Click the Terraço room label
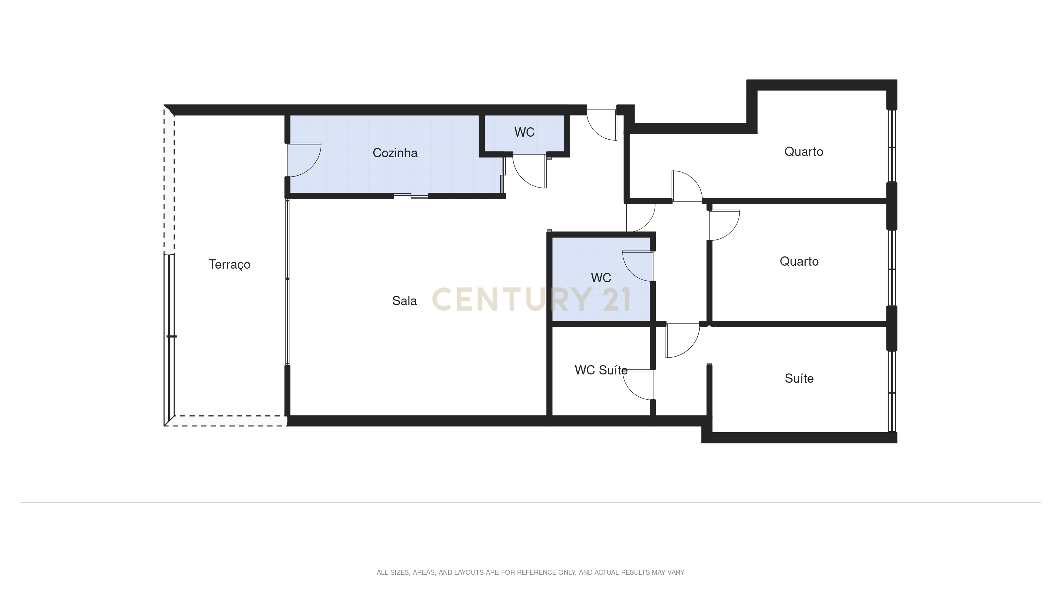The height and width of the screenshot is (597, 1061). [x=229, y=265]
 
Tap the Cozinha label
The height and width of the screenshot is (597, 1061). [x=395, y=153]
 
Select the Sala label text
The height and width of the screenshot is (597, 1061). [x=404, y=301]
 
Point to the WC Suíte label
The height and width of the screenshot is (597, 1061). [x=601, y=370]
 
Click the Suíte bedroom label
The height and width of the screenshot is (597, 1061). [x=799, y=378]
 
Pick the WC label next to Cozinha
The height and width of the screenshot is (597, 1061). [x=524, y=132]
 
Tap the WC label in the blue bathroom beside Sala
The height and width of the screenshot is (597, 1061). [x=601, y=278]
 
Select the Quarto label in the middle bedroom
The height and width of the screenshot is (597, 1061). [x=799, y=261]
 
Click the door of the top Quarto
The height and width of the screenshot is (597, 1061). [x=686, y=186]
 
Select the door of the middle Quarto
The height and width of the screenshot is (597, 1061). [x=724, y=225]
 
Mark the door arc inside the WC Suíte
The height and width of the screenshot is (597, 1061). [x=638, y=385]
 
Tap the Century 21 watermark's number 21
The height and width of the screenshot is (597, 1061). [x=616, y=300]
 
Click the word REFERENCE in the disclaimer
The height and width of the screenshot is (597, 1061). [x=536, y=572]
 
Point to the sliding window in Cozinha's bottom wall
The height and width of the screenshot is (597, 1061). [x=411, y=195]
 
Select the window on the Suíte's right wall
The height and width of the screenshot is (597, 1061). [x=892, y=391]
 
